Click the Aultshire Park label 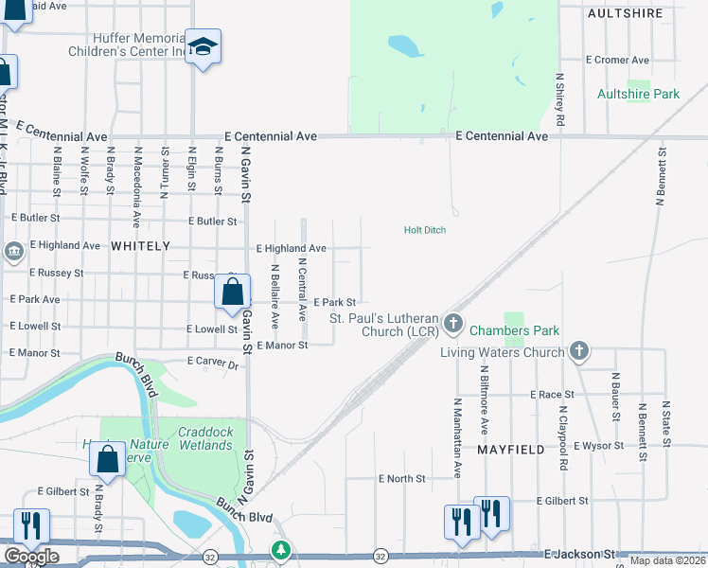click(x=638, y=95)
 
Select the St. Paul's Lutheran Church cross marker click(x=453, y=325)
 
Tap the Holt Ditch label click(x=424, y=230)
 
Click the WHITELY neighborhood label click(x=140, y=245)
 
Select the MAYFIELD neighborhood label click(x=511, y=450)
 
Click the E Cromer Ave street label click(x=617, y=60)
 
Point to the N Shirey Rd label click(x=560, y=100)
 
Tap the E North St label click(x=401, y=479)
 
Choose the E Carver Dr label click(x=212, y=362)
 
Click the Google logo click(x=30, y=557)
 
